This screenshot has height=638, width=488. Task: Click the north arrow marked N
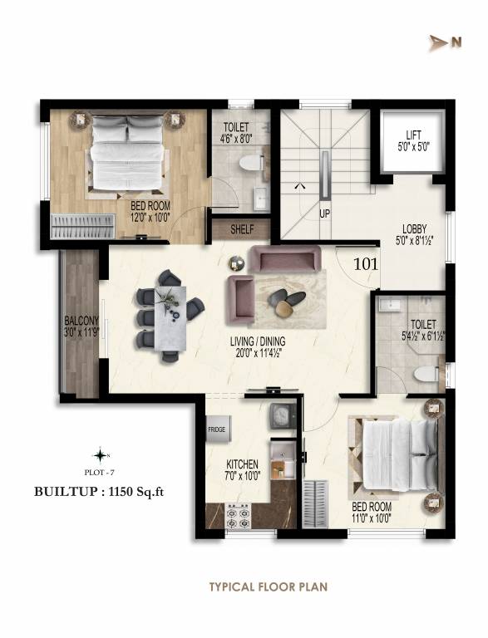coord(439,43)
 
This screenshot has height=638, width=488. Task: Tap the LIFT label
coord(413,134)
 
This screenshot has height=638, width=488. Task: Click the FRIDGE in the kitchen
coord(219,429)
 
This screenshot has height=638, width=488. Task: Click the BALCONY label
coord(80,321)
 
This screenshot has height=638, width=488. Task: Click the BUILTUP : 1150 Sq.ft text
coord(99,491)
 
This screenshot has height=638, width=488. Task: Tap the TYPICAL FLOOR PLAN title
coord(268,586)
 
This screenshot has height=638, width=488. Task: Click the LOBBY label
coord(414,229)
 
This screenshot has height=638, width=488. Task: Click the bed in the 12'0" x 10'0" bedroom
coord(128,151)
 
